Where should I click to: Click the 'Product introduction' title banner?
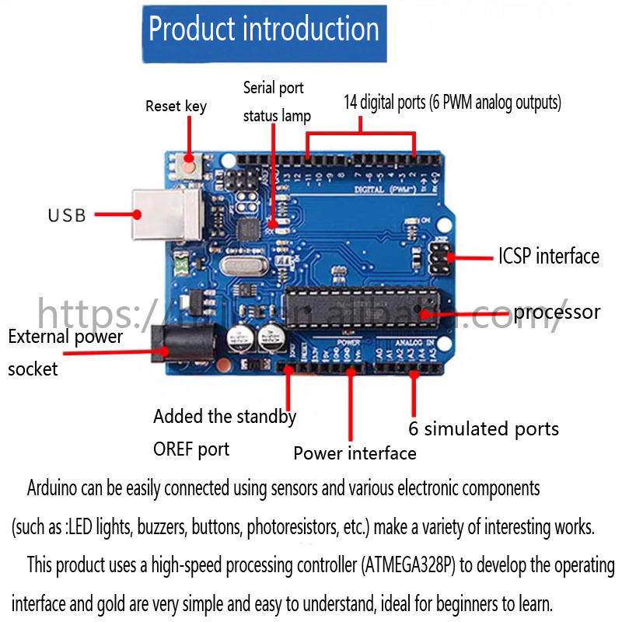tap(264, 31)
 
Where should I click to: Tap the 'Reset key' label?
tap(176, 106)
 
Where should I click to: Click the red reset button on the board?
tap(189, 163)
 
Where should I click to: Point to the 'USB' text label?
tap(68, 215)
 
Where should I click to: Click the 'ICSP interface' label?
tap(549, 256)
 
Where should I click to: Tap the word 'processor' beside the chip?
tap(557, 313)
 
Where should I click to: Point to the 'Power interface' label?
tap(355, 453)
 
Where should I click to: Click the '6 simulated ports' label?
tap(484, 428)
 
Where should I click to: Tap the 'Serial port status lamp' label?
tap(276, 102)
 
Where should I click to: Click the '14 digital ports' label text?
tap(453, 102)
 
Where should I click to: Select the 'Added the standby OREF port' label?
tap(224, 432)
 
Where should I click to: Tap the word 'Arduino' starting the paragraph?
tap(53, 489)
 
